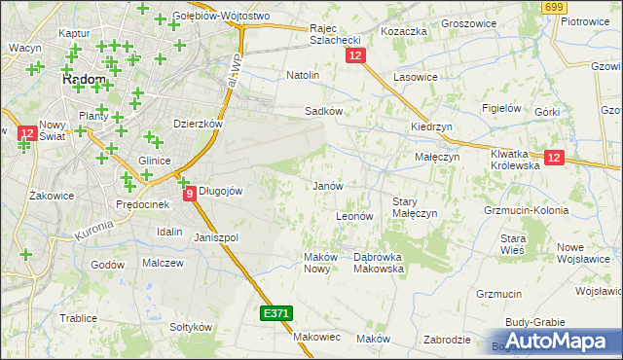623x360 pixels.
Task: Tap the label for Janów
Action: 326,186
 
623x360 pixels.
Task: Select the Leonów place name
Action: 354,216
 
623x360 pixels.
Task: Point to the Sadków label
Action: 324,111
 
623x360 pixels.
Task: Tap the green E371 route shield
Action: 275,314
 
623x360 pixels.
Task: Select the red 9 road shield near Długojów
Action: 189,194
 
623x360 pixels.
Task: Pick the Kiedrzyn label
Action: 431,127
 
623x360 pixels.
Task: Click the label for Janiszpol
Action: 216,237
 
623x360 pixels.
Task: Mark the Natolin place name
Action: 303,74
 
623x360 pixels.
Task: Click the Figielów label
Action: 503,108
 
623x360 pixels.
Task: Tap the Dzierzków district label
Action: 198,125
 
